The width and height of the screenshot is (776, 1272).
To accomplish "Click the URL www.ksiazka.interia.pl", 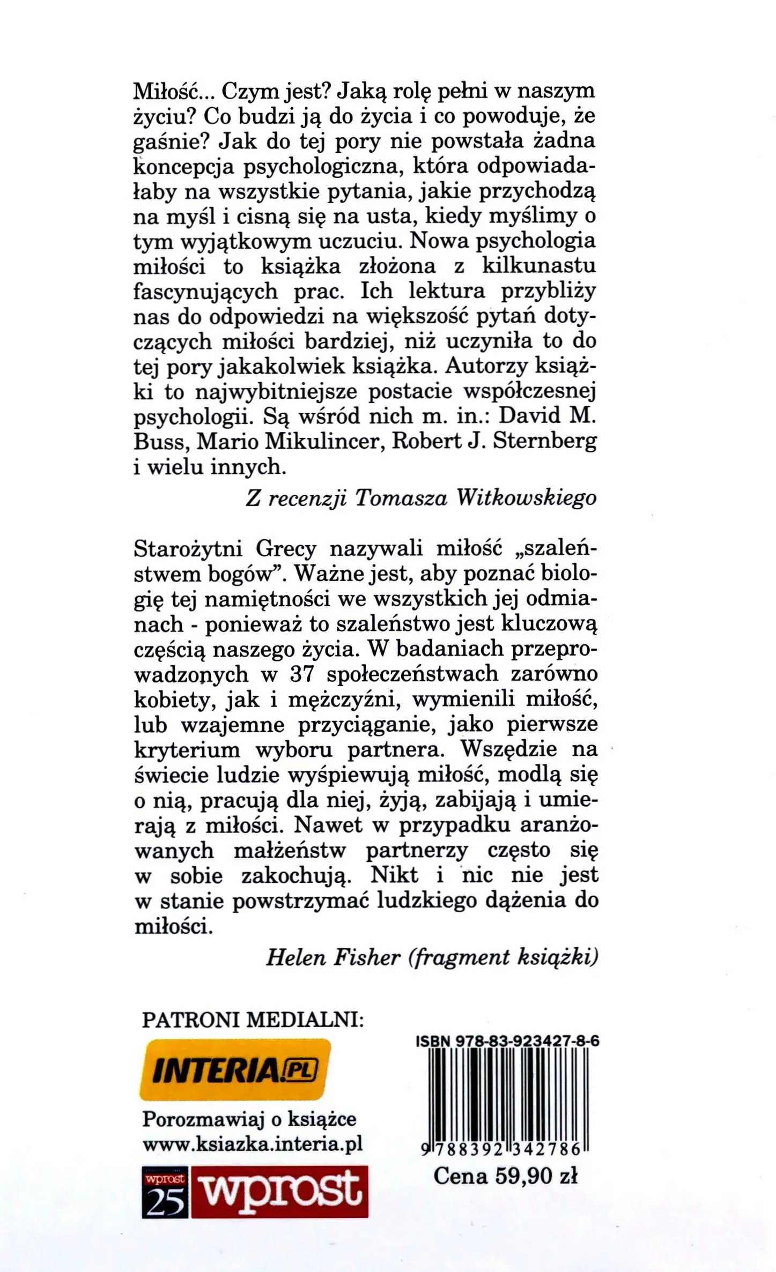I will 252,1145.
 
